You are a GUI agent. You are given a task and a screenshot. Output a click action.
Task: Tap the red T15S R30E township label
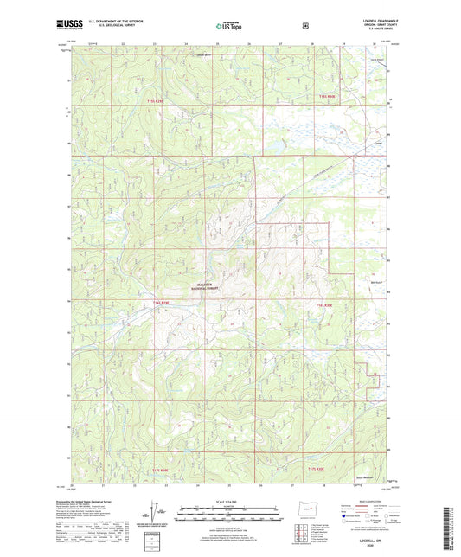pos(324,95)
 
